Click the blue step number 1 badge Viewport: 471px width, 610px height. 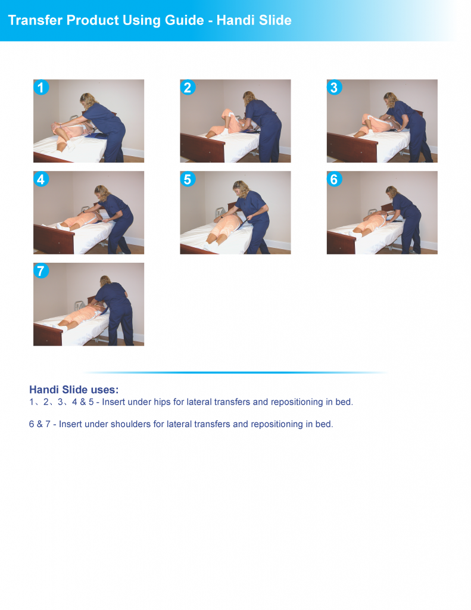(x=40, y=88)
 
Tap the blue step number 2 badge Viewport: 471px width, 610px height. (x=188, y=88)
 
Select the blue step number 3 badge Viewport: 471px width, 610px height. (x=334, y=88)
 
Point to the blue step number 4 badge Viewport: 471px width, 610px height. (x=40, y=179)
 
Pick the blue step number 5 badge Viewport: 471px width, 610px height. (x=188, y=179)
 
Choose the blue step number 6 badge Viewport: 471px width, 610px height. (x=334, y=179)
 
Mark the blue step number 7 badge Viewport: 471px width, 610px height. (x=40, y=271)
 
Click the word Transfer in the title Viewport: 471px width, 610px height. (x=35, y=20)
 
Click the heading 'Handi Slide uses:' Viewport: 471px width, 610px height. (x=74, y=390)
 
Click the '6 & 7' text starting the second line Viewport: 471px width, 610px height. (x=39, y=425)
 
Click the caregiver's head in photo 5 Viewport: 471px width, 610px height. (x=240, y=187)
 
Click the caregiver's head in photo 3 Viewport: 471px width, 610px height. (x=390, y=99)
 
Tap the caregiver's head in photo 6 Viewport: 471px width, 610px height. (x=391, y=192)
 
